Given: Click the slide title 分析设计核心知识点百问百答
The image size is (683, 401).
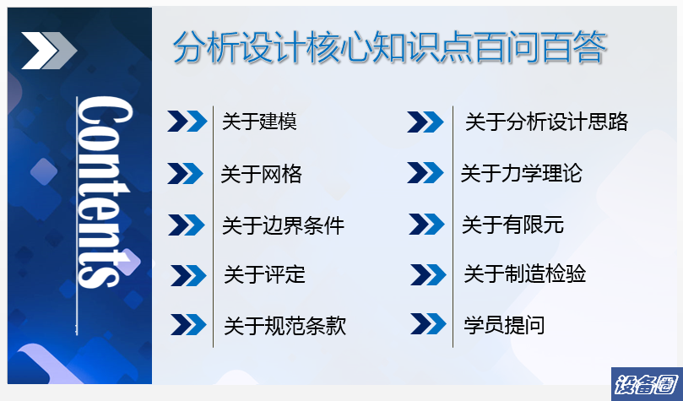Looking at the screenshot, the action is point(390,47).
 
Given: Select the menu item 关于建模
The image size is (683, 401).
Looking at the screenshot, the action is point(260,122).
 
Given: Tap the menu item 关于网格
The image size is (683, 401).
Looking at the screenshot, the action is point(262,174).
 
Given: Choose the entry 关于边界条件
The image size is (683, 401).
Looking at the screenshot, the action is point(283,225).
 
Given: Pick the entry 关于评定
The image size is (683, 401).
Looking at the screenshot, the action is point(264,274).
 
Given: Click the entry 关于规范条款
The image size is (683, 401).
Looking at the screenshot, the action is point(285,326).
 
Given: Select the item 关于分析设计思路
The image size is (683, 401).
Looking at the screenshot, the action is point(547,122).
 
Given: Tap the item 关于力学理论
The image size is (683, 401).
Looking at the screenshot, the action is point(522,174).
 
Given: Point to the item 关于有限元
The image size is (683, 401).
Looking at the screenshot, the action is point(512,225).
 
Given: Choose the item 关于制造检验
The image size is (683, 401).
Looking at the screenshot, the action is point(524,274).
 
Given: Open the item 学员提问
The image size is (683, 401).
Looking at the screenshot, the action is point(504,325).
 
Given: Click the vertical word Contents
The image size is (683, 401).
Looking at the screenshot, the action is point(105,192).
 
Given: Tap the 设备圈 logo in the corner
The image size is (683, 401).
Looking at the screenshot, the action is point(647,384).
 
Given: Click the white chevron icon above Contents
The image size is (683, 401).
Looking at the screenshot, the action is point(49,51).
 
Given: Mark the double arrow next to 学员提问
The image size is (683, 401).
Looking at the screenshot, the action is point(428,324).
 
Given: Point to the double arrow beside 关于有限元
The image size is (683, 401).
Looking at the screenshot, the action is point(427,225).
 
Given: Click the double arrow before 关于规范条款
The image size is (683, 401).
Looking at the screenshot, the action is point(188,325).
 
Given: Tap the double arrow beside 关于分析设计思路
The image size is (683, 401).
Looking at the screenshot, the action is point(426,122).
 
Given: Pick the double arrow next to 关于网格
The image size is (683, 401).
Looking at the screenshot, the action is point(186,173).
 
